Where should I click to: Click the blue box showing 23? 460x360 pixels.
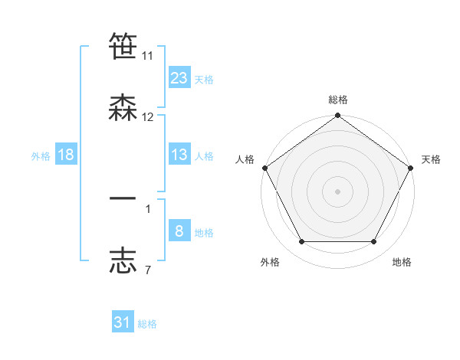click(179, 77)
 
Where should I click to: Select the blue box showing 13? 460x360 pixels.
click(179, 155)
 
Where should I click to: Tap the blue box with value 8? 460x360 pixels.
click(179, 231)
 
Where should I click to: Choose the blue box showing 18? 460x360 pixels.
click(66, 155)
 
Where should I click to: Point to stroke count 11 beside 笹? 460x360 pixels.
click(148, 56)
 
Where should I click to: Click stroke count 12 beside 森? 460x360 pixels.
click(148, 117)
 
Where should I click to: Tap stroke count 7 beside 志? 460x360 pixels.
click(148, 270)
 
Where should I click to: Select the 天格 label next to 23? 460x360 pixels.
click(204, 79)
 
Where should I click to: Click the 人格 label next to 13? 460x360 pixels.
click(204, 155)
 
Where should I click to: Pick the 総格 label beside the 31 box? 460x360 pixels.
click(147, 324)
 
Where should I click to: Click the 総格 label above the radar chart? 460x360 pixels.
click(338, 100)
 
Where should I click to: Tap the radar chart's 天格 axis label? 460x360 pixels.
click(431, 159)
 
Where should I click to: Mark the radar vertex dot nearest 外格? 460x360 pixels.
click(301, 242)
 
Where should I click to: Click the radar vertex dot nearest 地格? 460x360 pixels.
click(374, 242)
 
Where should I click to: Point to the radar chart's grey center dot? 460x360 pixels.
click(338, 191)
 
